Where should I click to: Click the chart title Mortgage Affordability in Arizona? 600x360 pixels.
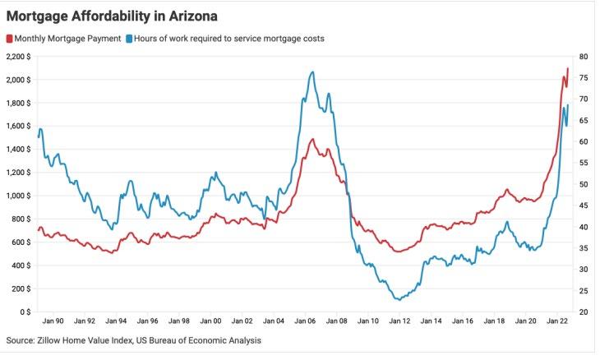112,16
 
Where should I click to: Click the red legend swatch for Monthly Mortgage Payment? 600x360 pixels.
10,39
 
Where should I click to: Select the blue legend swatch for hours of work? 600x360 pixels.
129,39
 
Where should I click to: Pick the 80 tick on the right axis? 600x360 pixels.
583,57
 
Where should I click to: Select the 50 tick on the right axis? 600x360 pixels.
583,184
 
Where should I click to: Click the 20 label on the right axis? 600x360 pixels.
583,312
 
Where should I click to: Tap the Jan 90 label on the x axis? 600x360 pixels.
53,321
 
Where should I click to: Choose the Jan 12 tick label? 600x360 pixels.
401,321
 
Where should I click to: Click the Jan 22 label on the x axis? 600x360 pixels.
559,321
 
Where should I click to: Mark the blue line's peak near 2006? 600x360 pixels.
312,72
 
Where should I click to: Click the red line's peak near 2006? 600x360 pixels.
312,140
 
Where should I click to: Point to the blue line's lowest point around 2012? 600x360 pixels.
399,299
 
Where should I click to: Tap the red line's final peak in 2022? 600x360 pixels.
567,68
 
